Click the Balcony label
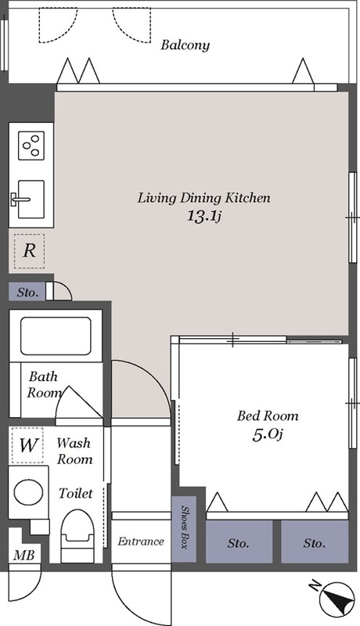tap(185, 45)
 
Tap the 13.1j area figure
tap(204, 216)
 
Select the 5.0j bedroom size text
tap(267, 435)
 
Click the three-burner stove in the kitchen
tap(31, 146)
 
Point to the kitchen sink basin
tap(31, 199)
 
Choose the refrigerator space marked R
tap(29, 251)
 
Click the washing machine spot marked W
tap(27, 445)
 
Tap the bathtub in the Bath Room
tap(56, 336)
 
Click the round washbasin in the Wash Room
tap(29, 491)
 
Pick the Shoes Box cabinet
tap(184, 529)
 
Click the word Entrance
tap(141, 541)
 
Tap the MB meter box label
tap(24, 555)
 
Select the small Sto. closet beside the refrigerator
tap(27, 292)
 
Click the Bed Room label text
tap(268, 416)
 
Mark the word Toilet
tap(75, 493)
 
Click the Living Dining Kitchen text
tap(204, 198)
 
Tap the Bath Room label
tap(45, 384)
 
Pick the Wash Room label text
tap(74, 451)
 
